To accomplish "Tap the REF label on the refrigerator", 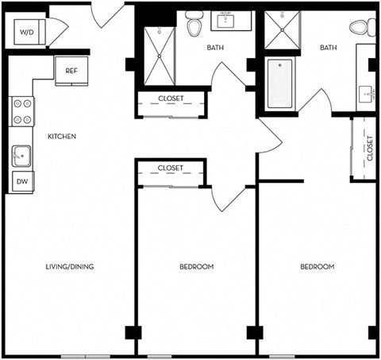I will tap(70, 70).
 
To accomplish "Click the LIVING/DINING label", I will tap(70, 266).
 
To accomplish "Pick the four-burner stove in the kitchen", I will tap(22, 110).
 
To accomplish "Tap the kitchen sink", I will tap(21, 156).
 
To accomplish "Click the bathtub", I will tap(279, 84).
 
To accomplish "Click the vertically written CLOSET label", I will tap(370, 149).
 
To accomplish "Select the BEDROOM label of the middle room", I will tap(196, 266).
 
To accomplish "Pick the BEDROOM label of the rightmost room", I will tap(317, 266).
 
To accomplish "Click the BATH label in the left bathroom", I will tap(215, 48).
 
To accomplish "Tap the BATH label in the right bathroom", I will tap(329, 48).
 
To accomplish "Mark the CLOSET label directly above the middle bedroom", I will tap(171, 168).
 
